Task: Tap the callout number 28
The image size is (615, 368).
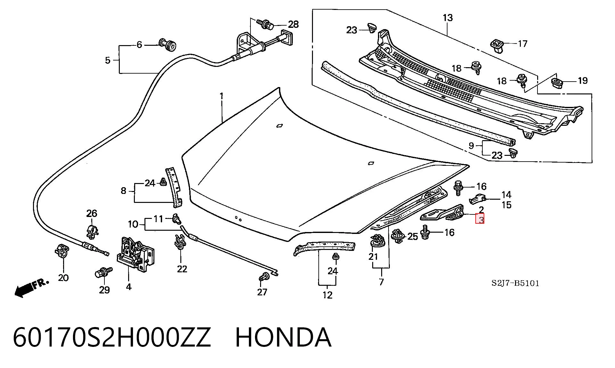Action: [x=293, y=24]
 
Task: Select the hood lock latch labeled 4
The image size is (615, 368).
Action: [x=135, y=253]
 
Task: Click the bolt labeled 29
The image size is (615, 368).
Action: [x=103, y=273]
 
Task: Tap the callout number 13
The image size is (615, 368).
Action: [x=447, y=18]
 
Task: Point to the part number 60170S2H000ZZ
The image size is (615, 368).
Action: [x=112, y=337]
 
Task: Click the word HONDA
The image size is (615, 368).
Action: [x=283, y=337]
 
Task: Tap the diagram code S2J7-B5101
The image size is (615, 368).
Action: [x=515, y=283]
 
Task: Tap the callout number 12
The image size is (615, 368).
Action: [x=327, y=295]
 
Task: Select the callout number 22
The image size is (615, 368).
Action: [x=182, y=269]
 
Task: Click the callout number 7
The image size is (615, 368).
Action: [x=381, y=282]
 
